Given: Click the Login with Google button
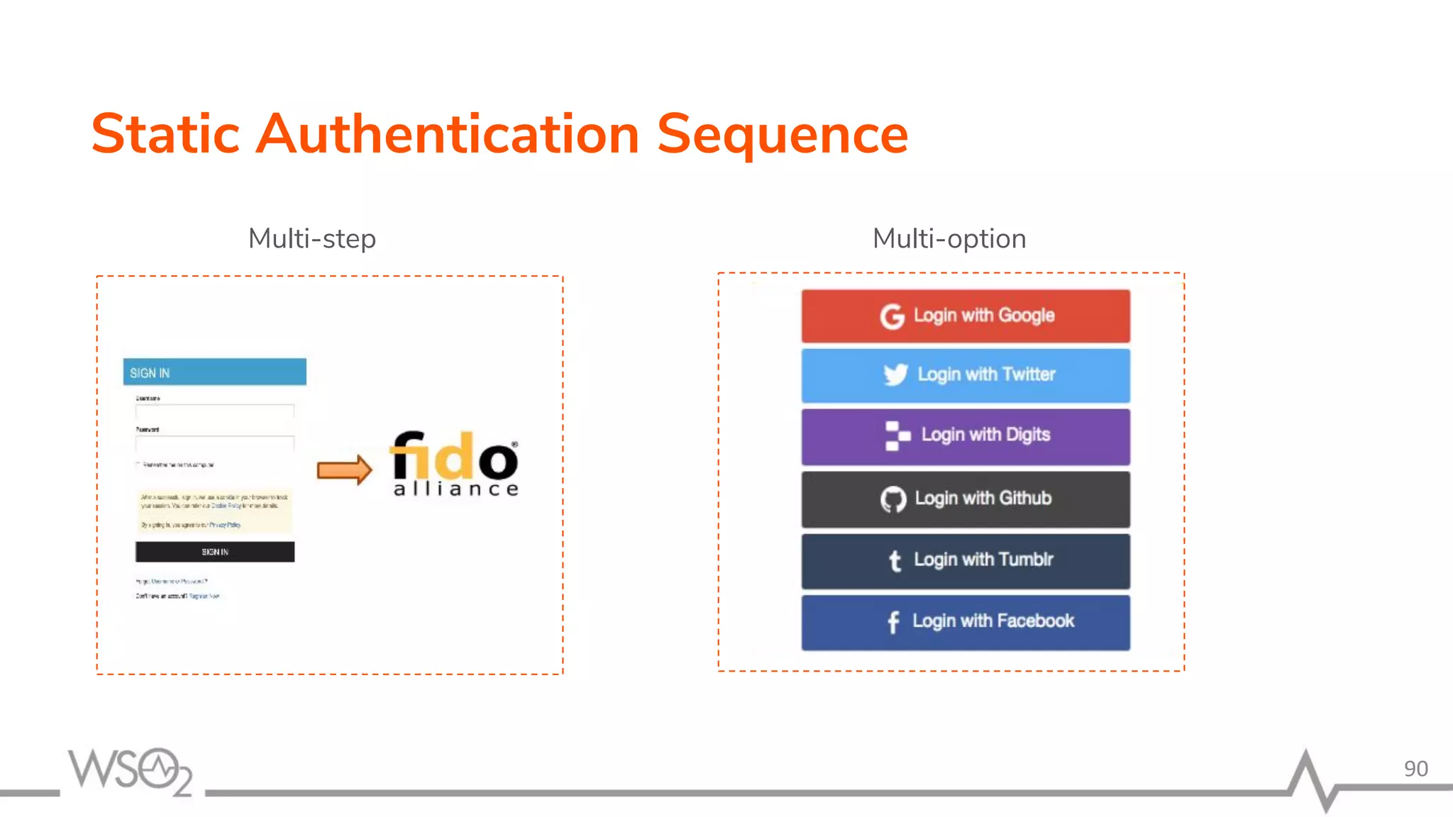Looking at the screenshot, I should pyautogui.click(x=966, y=316).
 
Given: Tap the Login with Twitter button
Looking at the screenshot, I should pyautogui.click(x=966, y=375).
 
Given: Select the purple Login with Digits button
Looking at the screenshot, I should pyautogui.click(x=966, y=436).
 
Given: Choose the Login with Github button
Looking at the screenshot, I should pyautogui.click(x=966, y=499).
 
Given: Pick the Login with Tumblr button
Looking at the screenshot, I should pyautogui.click(x=966, y=560).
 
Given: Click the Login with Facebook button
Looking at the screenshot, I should pyautogui.click(x=966, y=622).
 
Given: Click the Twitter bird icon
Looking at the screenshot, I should pyautogui.click(x=895, y=374).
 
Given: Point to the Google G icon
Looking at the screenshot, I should pyautogui.click(x=893, y=316).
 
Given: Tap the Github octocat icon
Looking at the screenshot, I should pyautogui.click(x=893, y=499).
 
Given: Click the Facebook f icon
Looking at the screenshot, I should pyautogui.click(x=893, y=622).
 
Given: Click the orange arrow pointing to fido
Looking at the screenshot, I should pyautogui.click(x=344, y=469).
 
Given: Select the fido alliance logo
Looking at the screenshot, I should pyautogui.click(x=455, y=464).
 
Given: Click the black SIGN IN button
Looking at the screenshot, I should pyautogui.click(x=215, y=552).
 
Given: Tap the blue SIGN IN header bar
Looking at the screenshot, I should pyautogui.click(x=215, y=372).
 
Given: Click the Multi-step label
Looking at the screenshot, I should pyautogui.click(x=311, y=239).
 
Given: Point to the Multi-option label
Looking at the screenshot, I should pyautogui.click(x=949, y=239).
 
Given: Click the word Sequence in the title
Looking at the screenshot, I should pyautogui.click(x=782, y=135).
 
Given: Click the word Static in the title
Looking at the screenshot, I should pyautogui.click(x=166, y=135).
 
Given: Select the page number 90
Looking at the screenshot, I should pyautogui.click(x=1415, y=769).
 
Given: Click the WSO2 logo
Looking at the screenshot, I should pyautogui.click(x=131, y=771).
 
